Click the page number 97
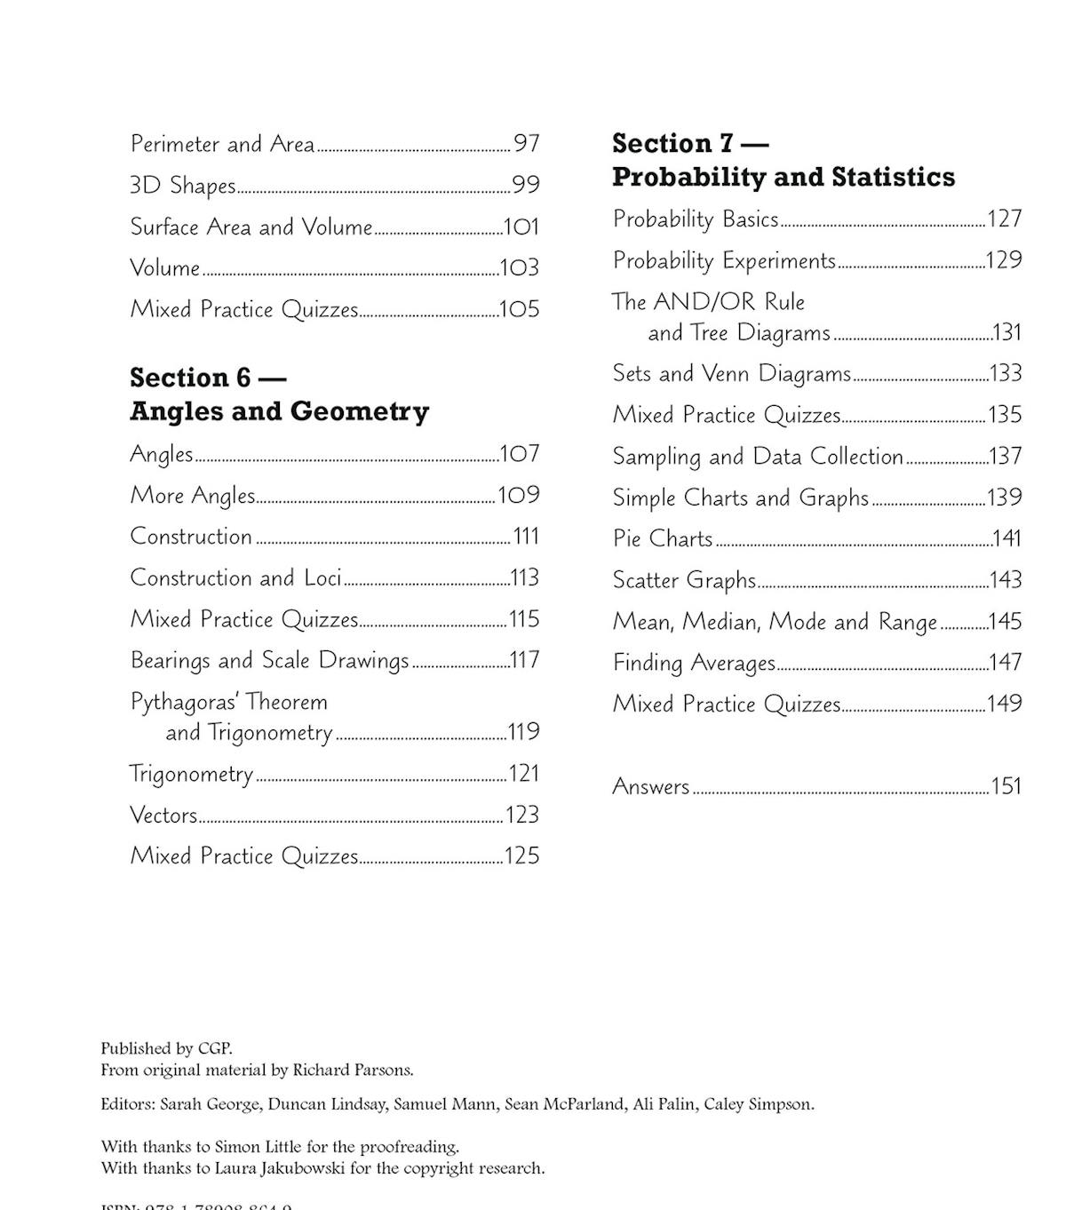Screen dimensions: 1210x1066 (x=526, y=143)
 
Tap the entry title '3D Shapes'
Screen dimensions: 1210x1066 (x=183, y=185)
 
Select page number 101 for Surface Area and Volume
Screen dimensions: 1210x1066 (x=521, y=227)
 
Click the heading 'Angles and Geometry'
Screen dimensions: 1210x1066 (x=279, y=411)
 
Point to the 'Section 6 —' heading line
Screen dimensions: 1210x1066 (x=208, y=378)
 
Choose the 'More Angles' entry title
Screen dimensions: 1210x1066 (x=193, y=495)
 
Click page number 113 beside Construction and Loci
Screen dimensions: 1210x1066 (x=525, y=577)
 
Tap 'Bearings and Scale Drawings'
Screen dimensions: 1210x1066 (x=269, y=660)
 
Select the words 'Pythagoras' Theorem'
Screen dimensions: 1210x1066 (x=229, y=702)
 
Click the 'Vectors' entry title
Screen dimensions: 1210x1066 (x=163, y=815)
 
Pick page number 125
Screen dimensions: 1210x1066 (x=521, y=856)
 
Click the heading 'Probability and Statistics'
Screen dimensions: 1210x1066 (x=783, y=177)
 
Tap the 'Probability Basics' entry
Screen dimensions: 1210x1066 (x=696, y=219)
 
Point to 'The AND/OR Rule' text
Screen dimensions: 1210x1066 (x=708, y=302)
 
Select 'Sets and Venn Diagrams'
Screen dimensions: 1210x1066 (x=731, y=373)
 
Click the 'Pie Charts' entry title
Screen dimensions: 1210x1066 (x=663, y=538)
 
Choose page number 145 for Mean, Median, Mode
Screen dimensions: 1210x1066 (x=1005, y=621)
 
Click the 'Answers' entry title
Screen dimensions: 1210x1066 (x=651, y=786)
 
